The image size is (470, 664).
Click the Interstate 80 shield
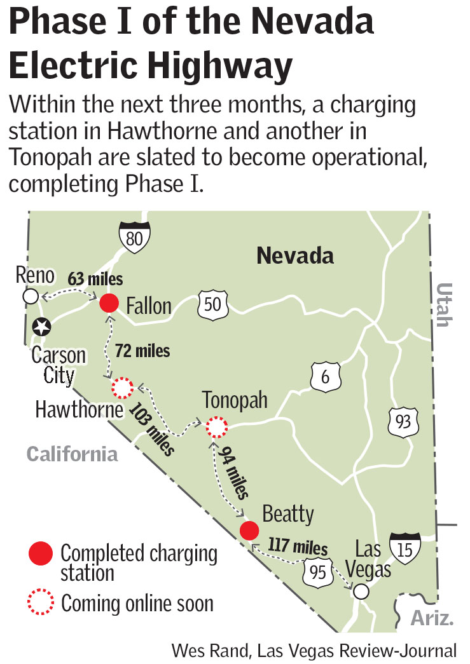point(135,236)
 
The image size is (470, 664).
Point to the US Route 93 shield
point(404,421)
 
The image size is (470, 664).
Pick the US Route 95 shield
point(318,572)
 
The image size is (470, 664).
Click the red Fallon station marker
point(109,304)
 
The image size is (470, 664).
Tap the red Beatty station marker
point(249,530)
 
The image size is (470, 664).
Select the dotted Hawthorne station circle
point(122,386)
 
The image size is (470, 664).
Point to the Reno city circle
point(29,295)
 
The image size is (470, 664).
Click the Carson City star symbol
point(41,327)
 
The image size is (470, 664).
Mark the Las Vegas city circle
point(361,592)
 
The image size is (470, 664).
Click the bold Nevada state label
point(295,256)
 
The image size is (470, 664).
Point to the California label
point(73,454)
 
